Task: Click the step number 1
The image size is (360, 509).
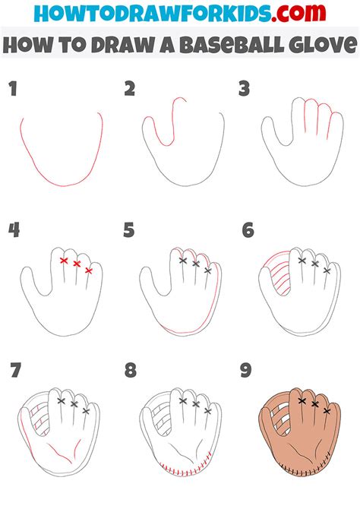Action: click(12, 90)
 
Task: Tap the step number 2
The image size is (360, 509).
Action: click(130, 90)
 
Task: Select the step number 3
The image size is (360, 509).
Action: click(244, 90)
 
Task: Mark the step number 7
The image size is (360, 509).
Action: click(14, 371)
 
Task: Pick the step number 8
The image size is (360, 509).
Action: click(130, 371)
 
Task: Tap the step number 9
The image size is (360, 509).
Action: click(247, 371)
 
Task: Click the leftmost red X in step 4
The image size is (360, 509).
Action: click(64, 261)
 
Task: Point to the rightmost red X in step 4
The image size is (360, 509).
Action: click(89, 270)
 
